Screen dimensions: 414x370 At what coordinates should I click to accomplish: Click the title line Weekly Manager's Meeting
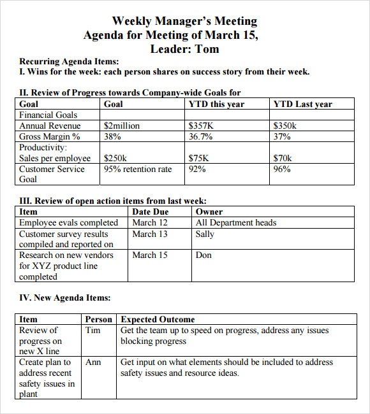point(184,22)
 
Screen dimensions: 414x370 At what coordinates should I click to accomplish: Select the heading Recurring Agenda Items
point(69,62)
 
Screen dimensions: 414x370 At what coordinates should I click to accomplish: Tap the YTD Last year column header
point(302,104)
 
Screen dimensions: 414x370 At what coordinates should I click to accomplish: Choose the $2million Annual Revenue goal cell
point(121,126)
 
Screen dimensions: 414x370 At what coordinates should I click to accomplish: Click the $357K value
point(200,126)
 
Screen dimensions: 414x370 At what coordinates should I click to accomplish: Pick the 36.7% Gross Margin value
point(200,136)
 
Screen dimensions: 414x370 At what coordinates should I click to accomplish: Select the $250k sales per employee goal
point(115,158)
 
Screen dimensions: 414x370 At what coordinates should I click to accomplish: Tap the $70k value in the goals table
point(283,158)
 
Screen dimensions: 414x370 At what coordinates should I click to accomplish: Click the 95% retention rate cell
point(138,169)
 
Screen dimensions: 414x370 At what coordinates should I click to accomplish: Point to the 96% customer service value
point(282,169)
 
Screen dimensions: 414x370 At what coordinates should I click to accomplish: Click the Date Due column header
point(150,211)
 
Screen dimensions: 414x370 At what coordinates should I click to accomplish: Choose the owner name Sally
point(205,234)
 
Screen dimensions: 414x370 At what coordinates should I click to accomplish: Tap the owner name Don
point(204,255)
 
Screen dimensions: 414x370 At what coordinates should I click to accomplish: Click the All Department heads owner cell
point(236,222)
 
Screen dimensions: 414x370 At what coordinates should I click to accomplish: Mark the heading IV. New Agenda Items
point(64,297)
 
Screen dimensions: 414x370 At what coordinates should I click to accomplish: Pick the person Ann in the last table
point(93,362)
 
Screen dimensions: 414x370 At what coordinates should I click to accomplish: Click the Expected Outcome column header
point(158,319)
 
